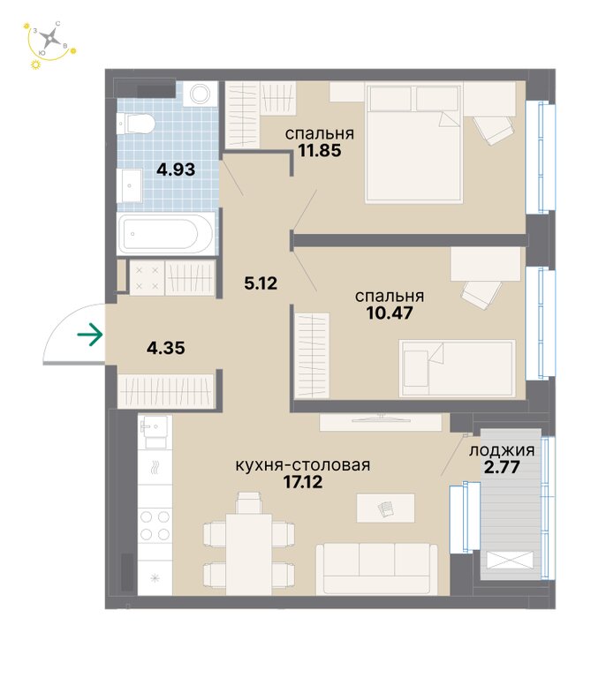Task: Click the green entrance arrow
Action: pyautogui.click(x=89, y=335)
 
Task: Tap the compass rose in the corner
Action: pyautogui.click(x=51, y=39)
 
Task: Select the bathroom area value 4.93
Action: pyautogui.click(x=176, y=169)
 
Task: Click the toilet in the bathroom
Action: pyautogui.click(x=135, y=124)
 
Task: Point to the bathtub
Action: pyautogui.click(x=166, y=233)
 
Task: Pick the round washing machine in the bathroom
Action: pyautogui.click(x=200, y=94)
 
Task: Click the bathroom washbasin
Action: pyautogui.click(x=130, y=185)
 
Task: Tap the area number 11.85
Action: pyautogui.click(x=319, y=150)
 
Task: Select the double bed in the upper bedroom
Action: pyautogui.click(x=414, y=143)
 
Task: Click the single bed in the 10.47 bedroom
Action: pyautogui.click(x=458, y=368)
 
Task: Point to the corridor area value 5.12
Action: pyautogui.click(x=261, y=283)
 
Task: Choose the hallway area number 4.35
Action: pyautogui.click(x=166, y=348)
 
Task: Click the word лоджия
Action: pyautogui.click(x=502, y=451)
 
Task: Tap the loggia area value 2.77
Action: pyautogui.click(x=502, y=467)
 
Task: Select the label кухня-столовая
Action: pyautogui.click(x=303, y=465)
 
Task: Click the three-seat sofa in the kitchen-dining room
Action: pyautogui.click(x=376, y=569)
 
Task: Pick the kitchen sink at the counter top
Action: pyautogui.click(x=155, y=432)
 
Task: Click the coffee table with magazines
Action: pyautogui.click(x=385, y=508)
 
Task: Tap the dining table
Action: pyautogui.click(x=249, y=554)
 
